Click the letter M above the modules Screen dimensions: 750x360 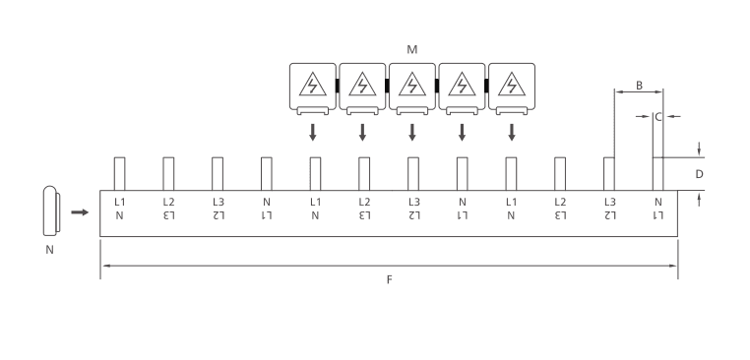411,49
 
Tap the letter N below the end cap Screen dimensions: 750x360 50,250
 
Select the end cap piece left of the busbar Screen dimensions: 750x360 51,210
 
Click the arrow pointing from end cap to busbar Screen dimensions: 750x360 80,212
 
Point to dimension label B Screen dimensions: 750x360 639,86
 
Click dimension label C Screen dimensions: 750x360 658,117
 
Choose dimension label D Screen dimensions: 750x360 699,174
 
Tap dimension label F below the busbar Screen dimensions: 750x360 390,279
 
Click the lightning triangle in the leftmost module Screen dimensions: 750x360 313,85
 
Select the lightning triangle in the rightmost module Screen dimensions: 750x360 512,85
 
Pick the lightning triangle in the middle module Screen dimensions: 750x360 412,85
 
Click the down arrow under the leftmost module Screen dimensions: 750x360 313,133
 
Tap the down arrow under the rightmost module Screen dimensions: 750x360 512,133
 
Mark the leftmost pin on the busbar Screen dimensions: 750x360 119,173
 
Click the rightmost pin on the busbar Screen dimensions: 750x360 658,173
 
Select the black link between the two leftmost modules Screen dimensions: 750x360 338,86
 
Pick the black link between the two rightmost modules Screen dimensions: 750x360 487,86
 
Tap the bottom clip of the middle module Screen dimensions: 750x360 412,111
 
